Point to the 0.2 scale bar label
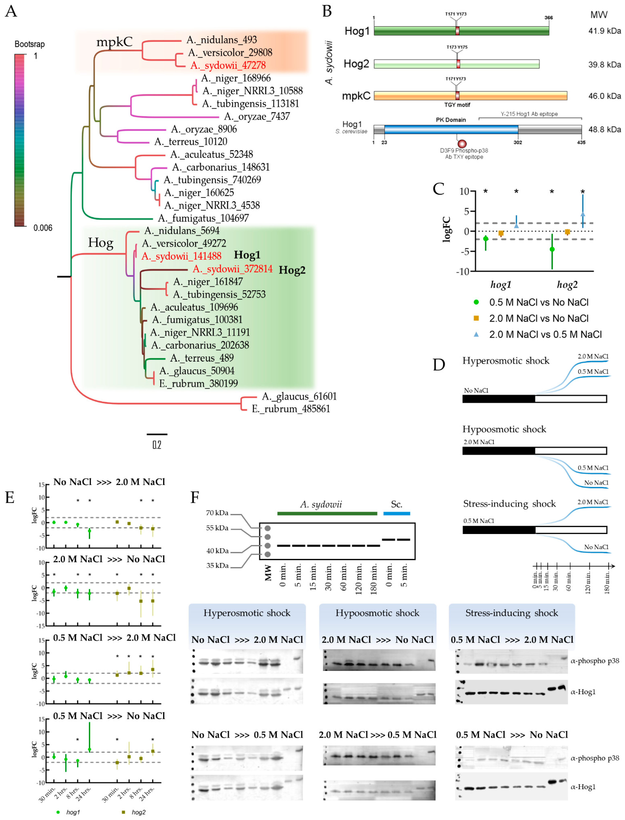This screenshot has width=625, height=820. coord(157,445)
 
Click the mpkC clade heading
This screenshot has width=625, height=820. coord(114,42)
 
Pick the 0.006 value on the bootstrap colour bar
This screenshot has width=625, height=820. coord(43,228)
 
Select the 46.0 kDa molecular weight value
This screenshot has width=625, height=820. coord(604,96)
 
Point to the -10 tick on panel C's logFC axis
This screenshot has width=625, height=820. coord(463,271)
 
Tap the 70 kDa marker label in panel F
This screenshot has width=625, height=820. coord(217,513)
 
